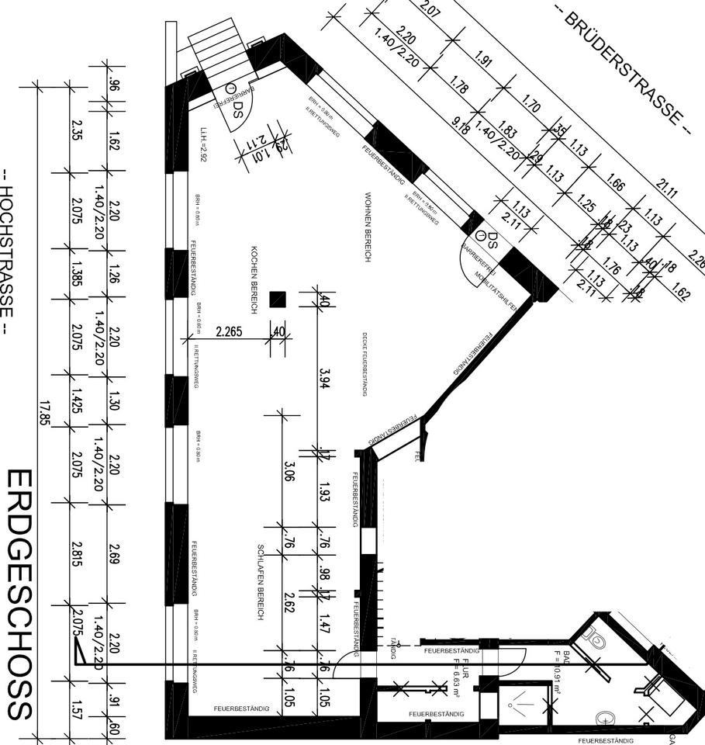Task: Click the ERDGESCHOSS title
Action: click(x=19, y=594)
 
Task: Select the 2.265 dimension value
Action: click(x=229, y=331)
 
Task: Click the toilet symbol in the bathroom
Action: click(x=598, y=642)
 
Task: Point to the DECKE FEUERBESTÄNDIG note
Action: click(x=364, y=365)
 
